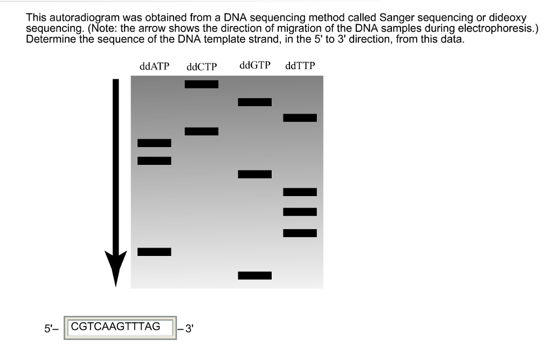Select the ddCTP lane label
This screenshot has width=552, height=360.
tap(202, 67)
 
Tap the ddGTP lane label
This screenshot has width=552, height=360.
tap(255, 66)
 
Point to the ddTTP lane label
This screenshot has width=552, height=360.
tap(300, 66)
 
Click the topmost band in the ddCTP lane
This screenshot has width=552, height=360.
tap(202, 84)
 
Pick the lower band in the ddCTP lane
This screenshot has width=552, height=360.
tap(202, 131)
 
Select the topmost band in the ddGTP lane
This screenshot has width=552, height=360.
tap(255, 102)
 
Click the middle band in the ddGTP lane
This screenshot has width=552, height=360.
tap(255, 174)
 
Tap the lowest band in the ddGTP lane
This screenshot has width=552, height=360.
tap(255, 275)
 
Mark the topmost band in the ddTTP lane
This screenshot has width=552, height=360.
tap(300, 117)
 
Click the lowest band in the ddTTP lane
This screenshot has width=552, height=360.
tap(300, 233)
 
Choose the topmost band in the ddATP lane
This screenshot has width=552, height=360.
tap(154, 143)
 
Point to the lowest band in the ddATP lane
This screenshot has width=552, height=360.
tap(154, 252)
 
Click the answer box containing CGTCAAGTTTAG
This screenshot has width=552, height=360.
tap(121, 328)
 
